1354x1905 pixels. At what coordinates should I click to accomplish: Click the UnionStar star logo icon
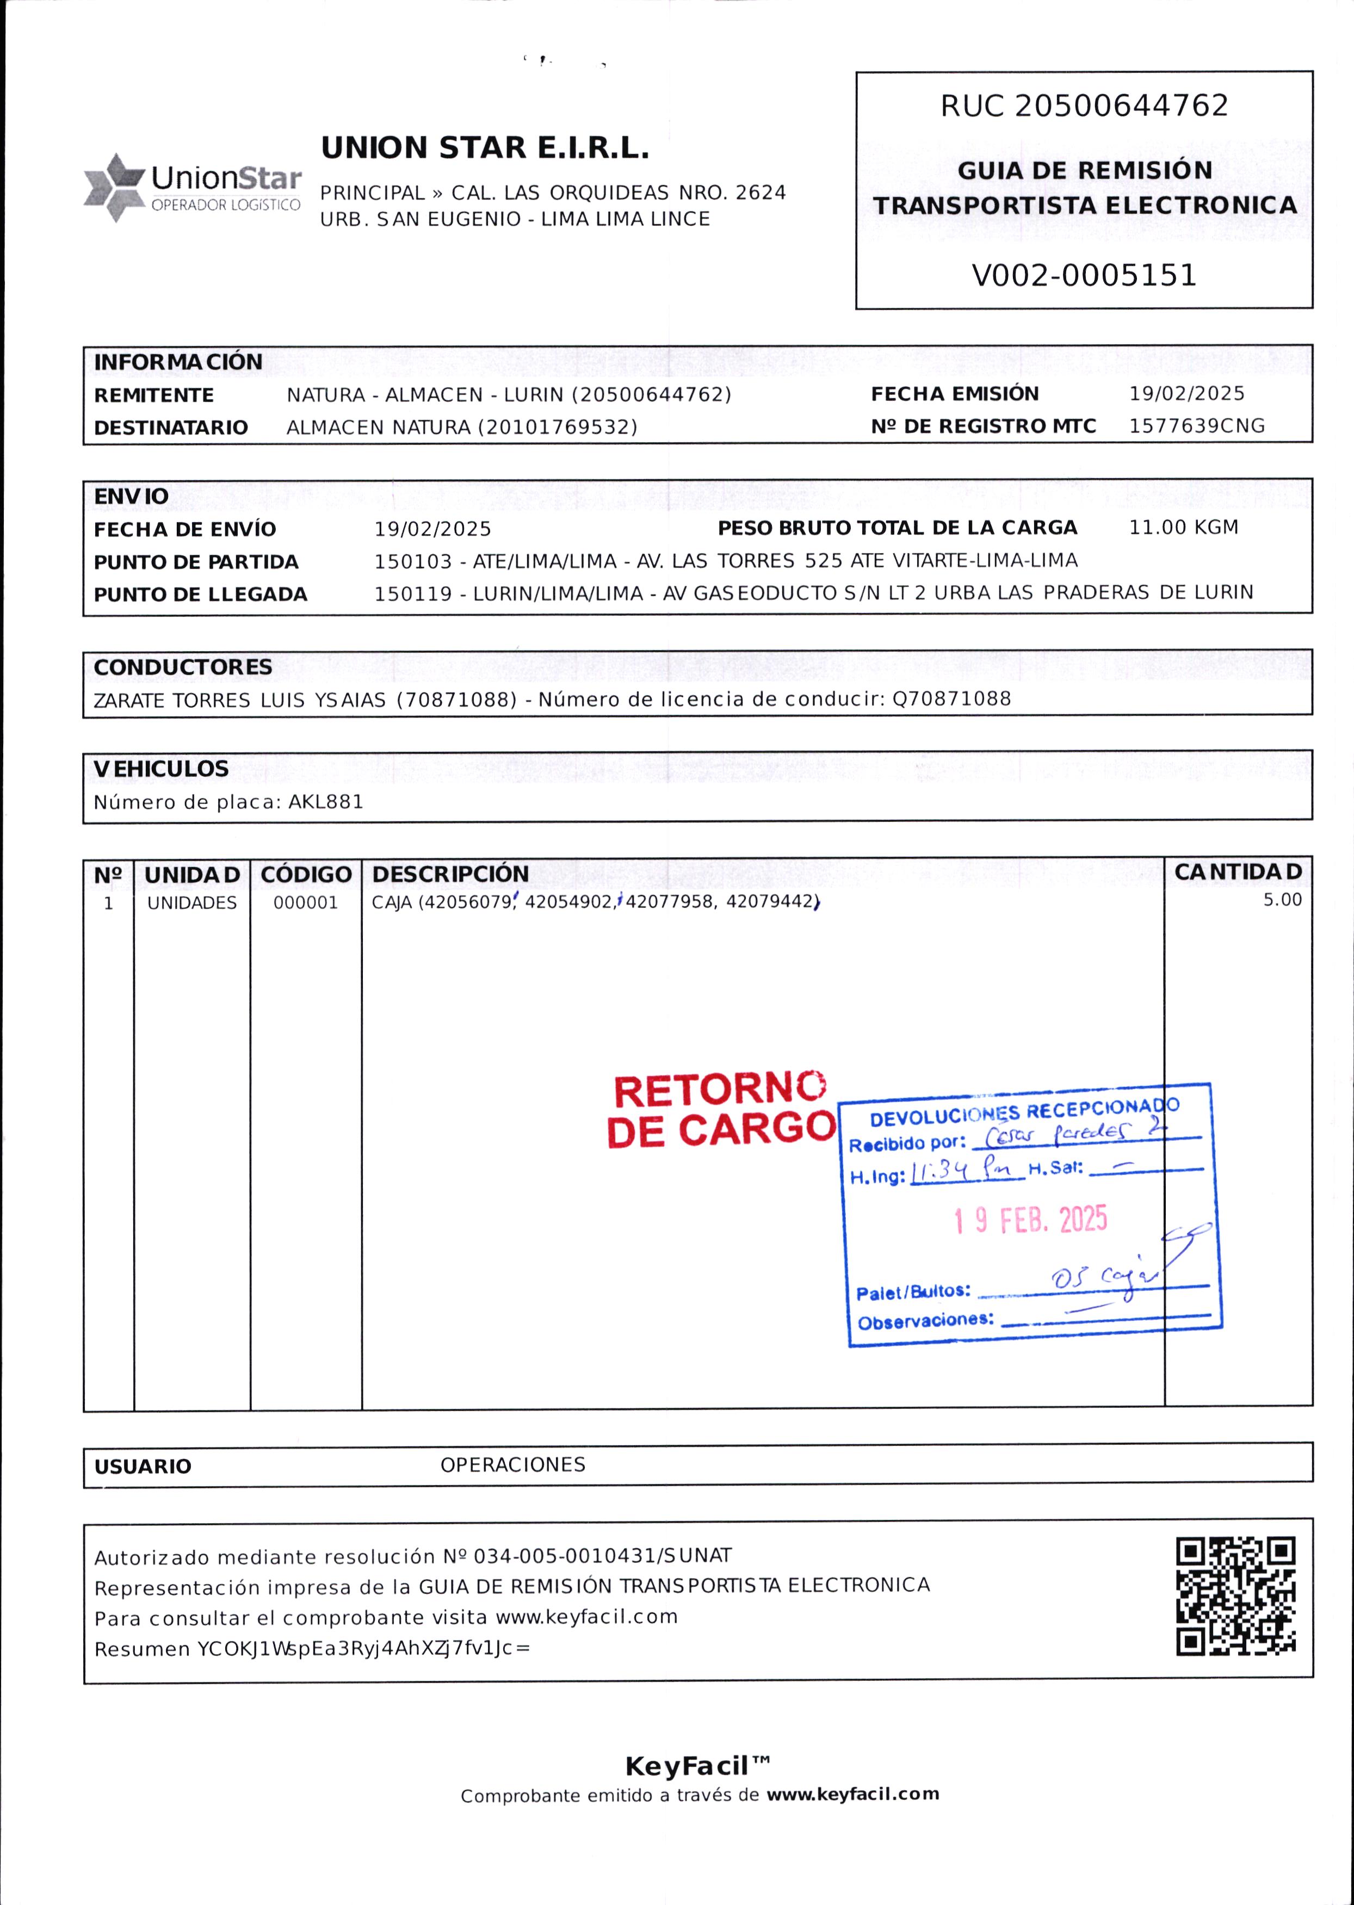click(115, 188)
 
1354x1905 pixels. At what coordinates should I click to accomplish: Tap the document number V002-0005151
click(1084, 275)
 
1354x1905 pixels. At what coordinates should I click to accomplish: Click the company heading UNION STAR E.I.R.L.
click(484, 149)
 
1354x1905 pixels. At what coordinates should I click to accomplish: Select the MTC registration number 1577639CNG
click(1196, 426)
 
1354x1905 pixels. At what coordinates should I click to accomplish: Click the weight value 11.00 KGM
click(1183, 527)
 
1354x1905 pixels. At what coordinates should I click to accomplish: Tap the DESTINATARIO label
click(171, 428)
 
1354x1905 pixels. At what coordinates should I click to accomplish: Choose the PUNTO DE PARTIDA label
click(196, 562)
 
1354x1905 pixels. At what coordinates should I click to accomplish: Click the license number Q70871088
click(951, 698)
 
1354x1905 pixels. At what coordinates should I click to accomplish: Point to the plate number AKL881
click(326, 802)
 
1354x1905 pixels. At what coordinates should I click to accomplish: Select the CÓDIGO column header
click(306, 875)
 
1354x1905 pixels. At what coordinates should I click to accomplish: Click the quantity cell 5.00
click(1282, 900)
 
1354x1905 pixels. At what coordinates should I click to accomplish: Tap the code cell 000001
click(306, 903)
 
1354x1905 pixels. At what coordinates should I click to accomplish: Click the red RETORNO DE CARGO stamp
click(720, 1110)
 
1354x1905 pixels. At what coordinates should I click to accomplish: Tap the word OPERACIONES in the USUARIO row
click(513, 1465)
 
